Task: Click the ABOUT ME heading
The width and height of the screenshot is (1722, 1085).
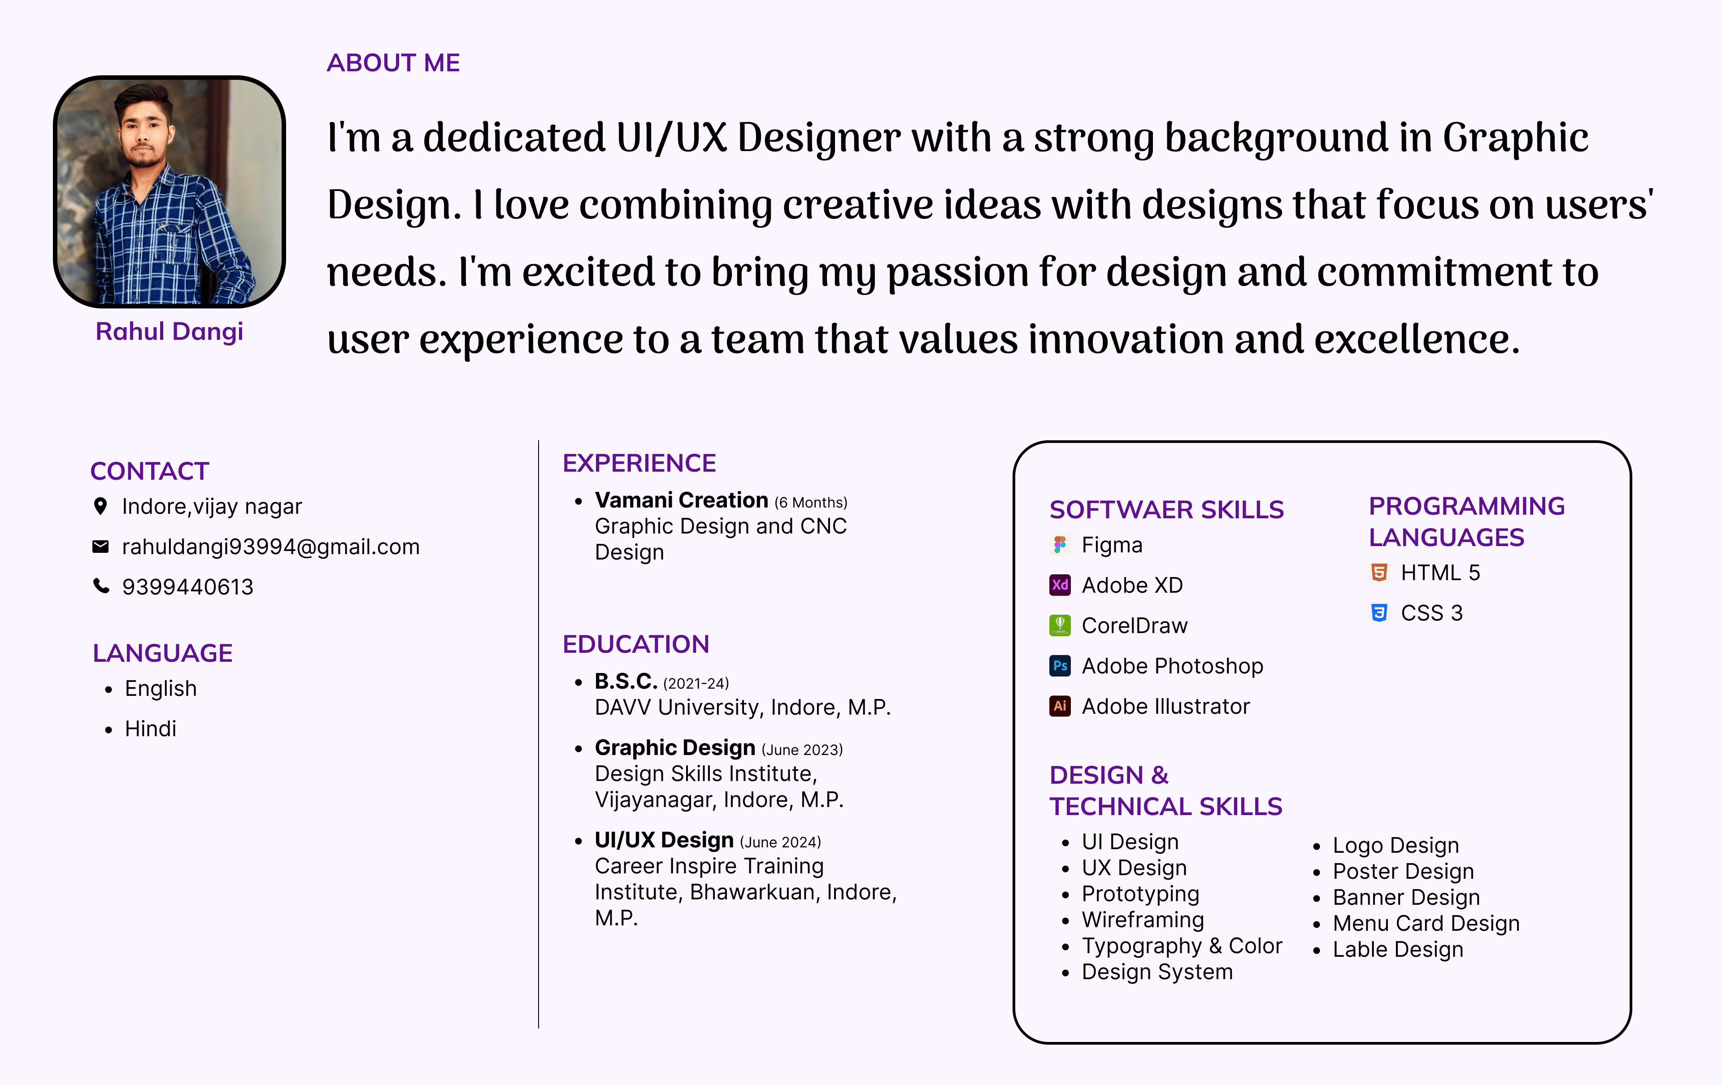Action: tap(393, 63)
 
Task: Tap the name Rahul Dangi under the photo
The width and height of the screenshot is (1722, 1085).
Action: tap(170, 332)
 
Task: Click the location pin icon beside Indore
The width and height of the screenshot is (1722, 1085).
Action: tap(101, 506)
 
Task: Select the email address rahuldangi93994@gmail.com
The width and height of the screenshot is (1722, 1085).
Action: tap(271, 547)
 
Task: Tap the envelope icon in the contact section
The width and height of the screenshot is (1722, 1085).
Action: tap(101, 547)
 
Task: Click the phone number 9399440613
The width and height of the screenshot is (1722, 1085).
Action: tap(187, 587)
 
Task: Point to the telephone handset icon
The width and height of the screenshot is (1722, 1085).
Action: tap(101, 586)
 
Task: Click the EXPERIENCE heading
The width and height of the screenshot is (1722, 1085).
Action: tap(639, 463)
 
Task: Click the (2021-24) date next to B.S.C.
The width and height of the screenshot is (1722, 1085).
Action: tap(696, 683)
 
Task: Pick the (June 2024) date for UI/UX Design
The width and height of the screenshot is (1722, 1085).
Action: tap(780, 842)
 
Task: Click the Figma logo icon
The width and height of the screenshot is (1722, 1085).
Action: tap(1060, 545)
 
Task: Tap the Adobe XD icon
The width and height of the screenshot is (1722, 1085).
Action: tap(1060, 585)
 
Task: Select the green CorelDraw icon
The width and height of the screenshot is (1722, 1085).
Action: tap(1060, 625)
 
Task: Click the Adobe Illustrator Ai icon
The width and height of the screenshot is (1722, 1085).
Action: tap(1060, 706)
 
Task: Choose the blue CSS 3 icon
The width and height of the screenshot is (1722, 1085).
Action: tap(1379, 612)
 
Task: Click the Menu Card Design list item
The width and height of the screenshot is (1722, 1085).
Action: tap(1426, 924)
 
